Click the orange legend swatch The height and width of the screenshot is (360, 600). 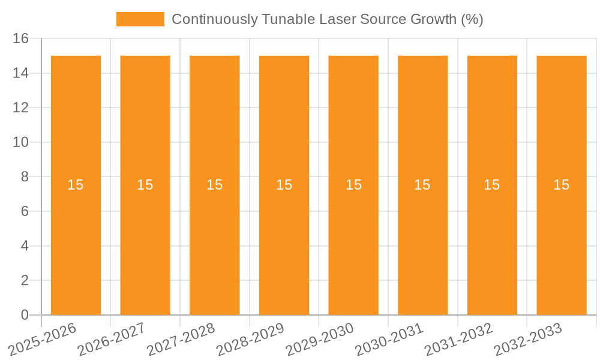[140, 19]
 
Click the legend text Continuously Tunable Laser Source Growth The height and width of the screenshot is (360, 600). [327, 19]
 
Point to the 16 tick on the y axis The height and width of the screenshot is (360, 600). [20, 39]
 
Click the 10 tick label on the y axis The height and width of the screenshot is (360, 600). [20, 143]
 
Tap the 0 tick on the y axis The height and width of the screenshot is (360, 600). [25, 315]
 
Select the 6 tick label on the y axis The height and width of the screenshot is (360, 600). [25, 211]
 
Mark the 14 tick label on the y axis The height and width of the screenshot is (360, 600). [20, 73]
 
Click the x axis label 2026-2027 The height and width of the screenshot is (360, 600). [112, 339]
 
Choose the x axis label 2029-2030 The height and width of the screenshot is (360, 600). [320, 339]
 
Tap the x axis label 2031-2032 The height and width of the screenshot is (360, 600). [458, 339]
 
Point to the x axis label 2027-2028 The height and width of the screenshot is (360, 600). [181, 339]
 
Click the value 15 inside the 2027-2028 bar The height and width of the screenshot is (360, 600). [214, 185]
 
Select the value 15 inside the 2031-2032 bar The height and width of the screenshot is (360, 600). [492, 185]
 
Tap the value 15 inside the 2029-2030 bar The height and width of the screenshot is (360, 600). [353, 185]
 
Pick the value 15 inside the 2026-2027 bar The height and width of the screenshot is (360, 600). [145, 185]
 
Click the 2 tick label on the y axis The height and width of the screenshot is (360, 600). [25, 280]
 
